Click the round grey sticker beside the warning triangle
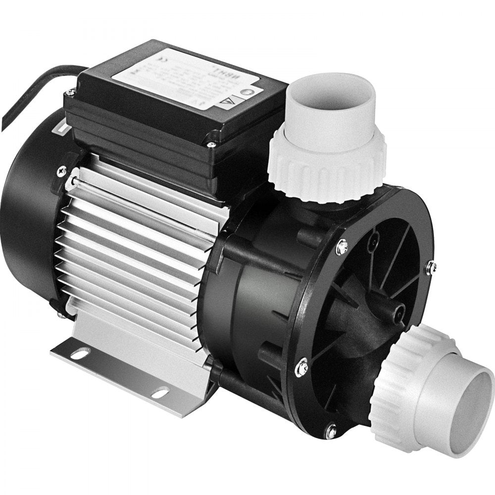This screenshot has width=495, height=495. pos(257,91)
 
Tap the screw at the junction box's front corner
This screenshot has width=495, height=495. pos(211,145)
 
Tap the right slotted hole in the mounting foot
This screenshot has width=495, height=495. pos(160,394)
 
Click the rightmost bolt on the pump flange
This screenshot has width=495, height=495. pos(431,267)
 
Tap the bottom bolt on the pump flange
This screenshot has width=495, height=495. pos(330,431)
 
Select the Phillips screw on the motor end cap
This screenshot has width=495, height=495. pos(62,171)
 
